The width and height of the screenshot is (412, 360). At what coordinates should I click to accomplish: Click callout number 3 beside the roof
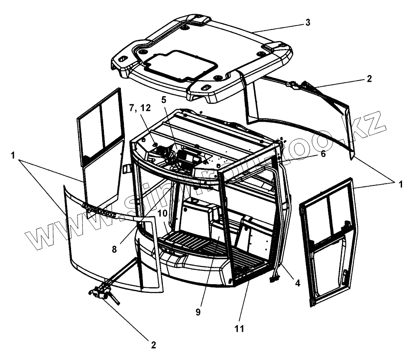coord(308,23)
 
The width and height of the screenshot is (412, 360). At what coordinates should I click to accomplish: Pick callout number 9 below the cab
coord(198,312)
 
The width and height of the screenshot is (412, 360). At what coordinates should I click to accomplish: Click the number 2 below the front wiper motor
coord(152,345)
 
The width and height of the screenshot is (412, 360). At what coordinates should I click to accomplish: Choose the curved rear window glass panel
coord(299,117)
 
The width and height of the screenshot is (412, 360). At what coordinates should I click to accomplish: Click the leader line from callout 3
coord(277,28)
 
